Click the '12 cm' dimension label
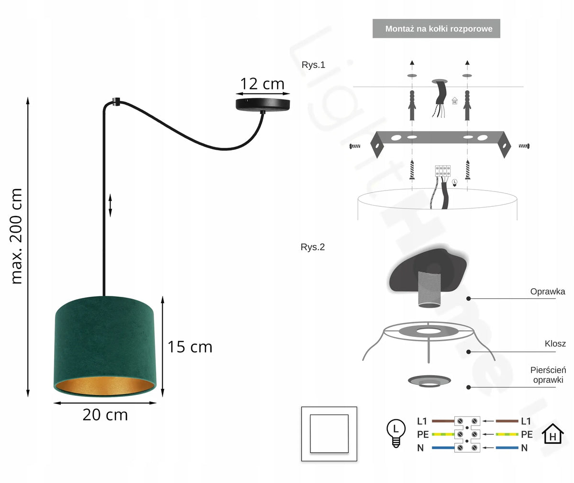pyautogui.click(x=262, y=84)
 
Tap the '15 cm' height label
pyautogui.click(x=190, y=347)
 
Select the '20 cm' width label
pyautogui.click(x=105, y=415)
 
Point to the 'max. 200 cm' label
pyautogui.click(x=16, y=236)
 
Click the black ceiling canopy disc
pyautogui.click(x=263, y=105)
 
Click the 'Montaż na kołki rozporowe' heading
pyautogui.click(x=439, y=29)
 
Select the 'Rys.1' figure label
pyautogui.click(x=313, y=65)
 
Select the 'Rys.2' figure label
pyautogui.click(x=313, y=247)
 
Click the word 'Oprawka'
pyautogui.click(x=548, y=292)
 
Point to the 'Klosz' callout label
pyautogui.click(x=555, y=344)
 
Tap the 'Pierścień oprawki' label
pyautogui.click(x=548, y=375)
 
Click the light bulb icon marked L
pyautogui.click(x=396, y=433)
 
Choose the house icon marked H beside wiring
pyautogui.click(x=552, y=434)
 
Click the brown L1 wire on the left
pyautogui.click(x=443, y=421)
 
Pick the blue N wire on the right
pyautogui.click(x=507, y=448)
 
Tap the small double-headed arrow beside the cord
pyautogui.click(x=110, y=205)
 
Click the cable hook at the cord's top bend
pyautogui.click(x=117, y=102)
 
